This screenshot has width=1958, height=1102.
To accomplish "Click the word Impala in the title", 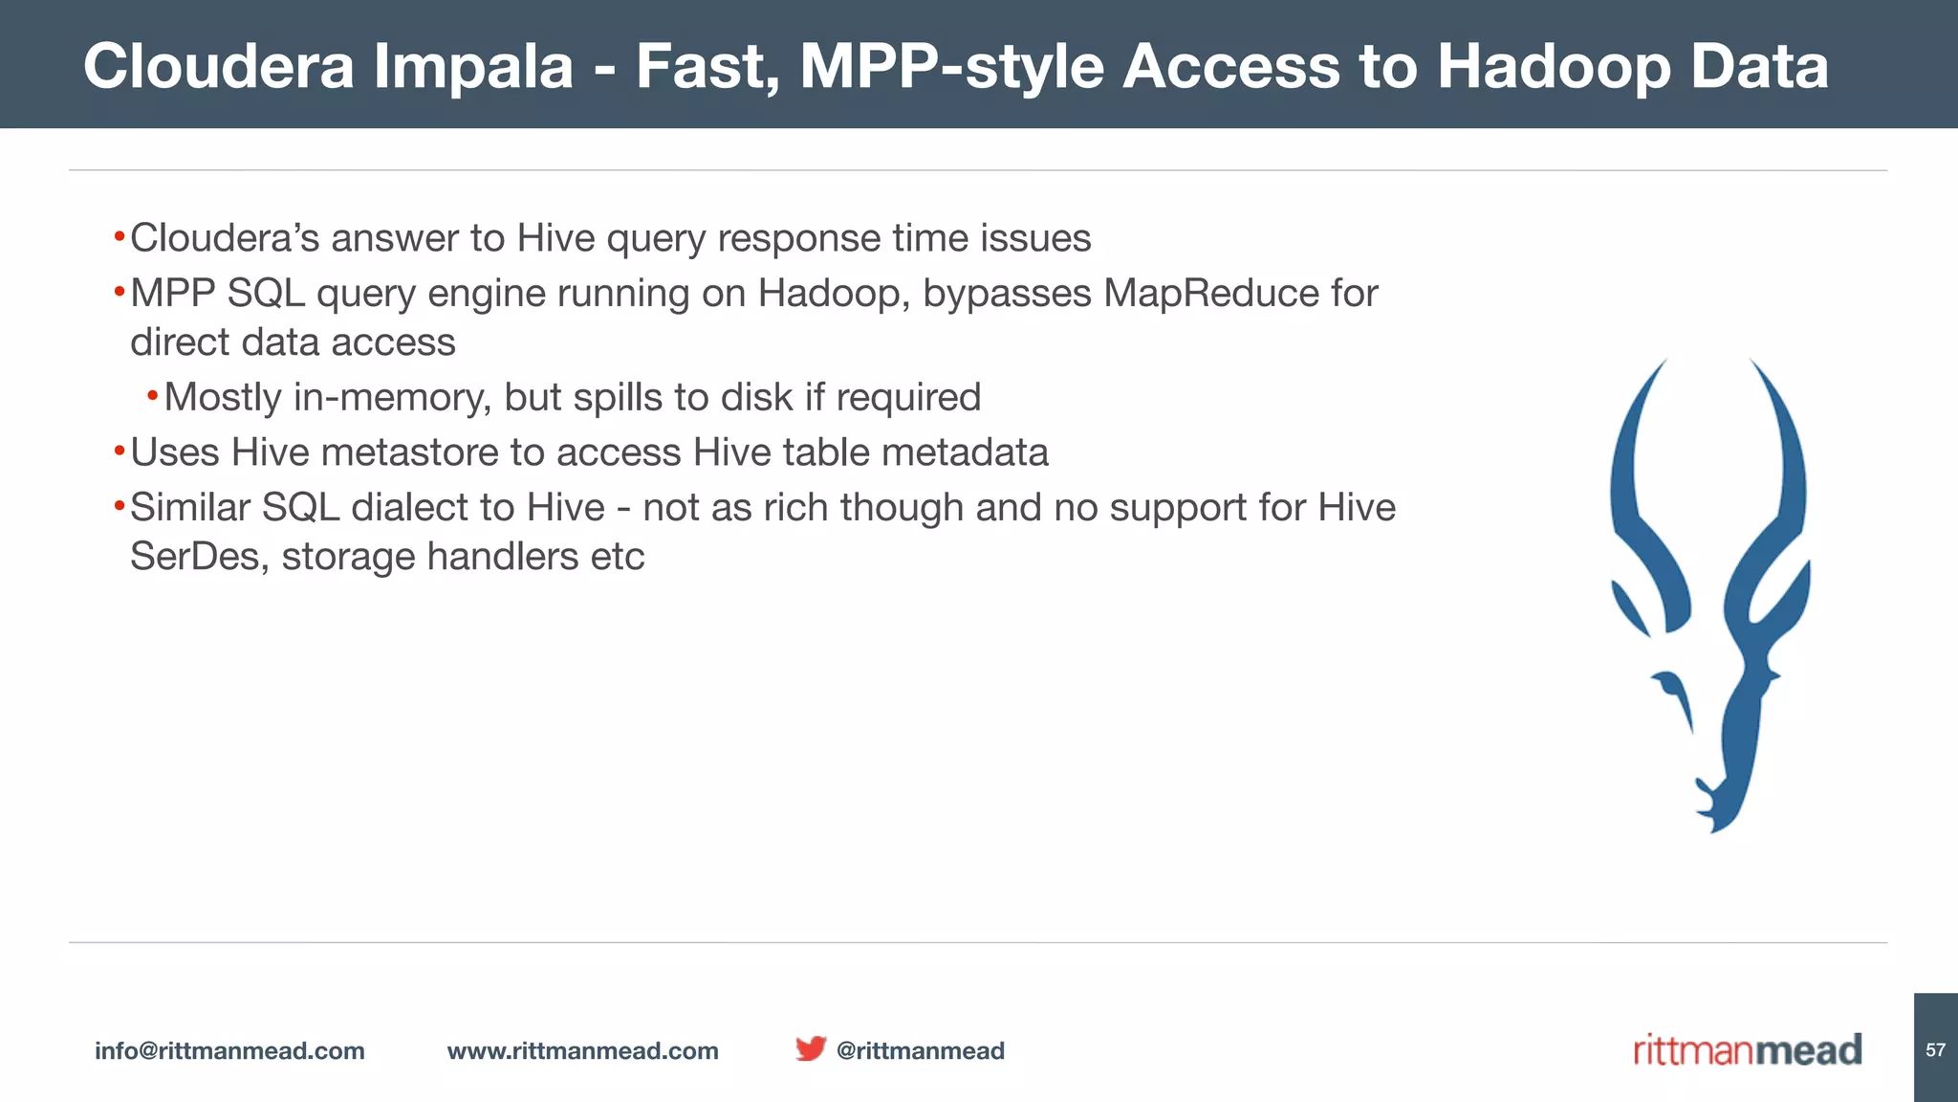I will tap(472, 67).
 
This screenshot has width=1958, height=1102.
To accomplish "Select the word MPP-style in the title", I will tap(951, 67).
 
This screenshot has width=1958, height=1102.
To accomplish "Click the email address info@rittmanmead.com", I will tap(229, 1050).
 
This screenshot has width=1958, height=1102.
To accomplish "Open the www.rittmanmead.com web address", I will tap(582, 1050).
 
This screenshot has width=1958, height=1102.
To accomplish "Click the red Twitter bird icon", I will tap(810, 1048).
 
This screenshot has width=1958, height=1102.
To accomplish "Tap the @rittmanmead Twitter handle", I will tap(920, 1050).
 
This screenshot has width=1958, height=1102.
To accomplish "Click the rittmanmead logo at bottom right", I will tap(1747, 1049).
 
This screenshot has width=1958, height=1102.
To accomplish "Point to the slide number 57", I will tap(1935, 1050).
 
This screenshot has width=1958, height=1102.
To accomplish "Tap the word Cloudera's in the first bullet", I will tap(225, 238).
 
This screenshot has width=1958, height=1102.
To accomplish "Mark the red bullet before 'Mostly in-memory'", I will tap(152, 396).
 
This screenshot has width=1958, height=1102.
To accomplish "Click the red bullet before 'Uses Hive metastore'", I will tap(119, 451).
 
